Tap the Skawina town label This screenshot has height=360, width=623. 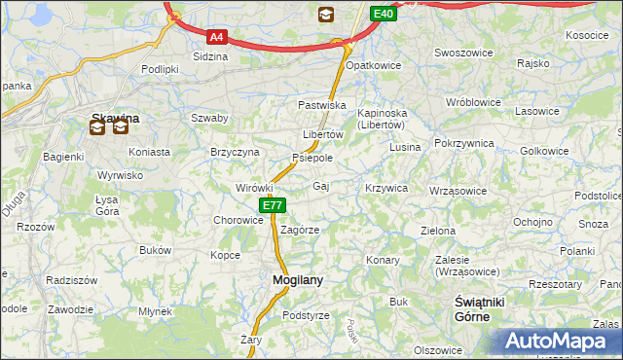(115, 118)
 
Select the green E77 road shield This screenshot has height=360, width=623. (273, 206)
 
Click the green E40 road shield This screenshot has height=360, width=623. (384, 14)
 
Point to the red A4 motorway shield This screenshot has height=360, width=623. (217, 38)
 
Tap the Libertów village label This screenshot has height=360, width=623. (322, 134)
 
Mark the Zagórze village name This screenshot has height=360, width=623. (300, 231)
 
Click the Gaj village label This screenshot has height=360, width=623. (321, 185)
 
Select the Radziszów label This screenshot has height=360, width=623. (71, 280)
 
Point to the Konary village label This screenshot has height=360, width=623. (383, 261)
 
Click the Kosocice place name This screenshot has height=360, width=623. (586, 35)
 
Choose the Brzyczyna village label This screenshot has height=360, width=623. (235, 153)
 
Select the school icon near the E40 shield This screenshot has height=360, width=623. (325, 14)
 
